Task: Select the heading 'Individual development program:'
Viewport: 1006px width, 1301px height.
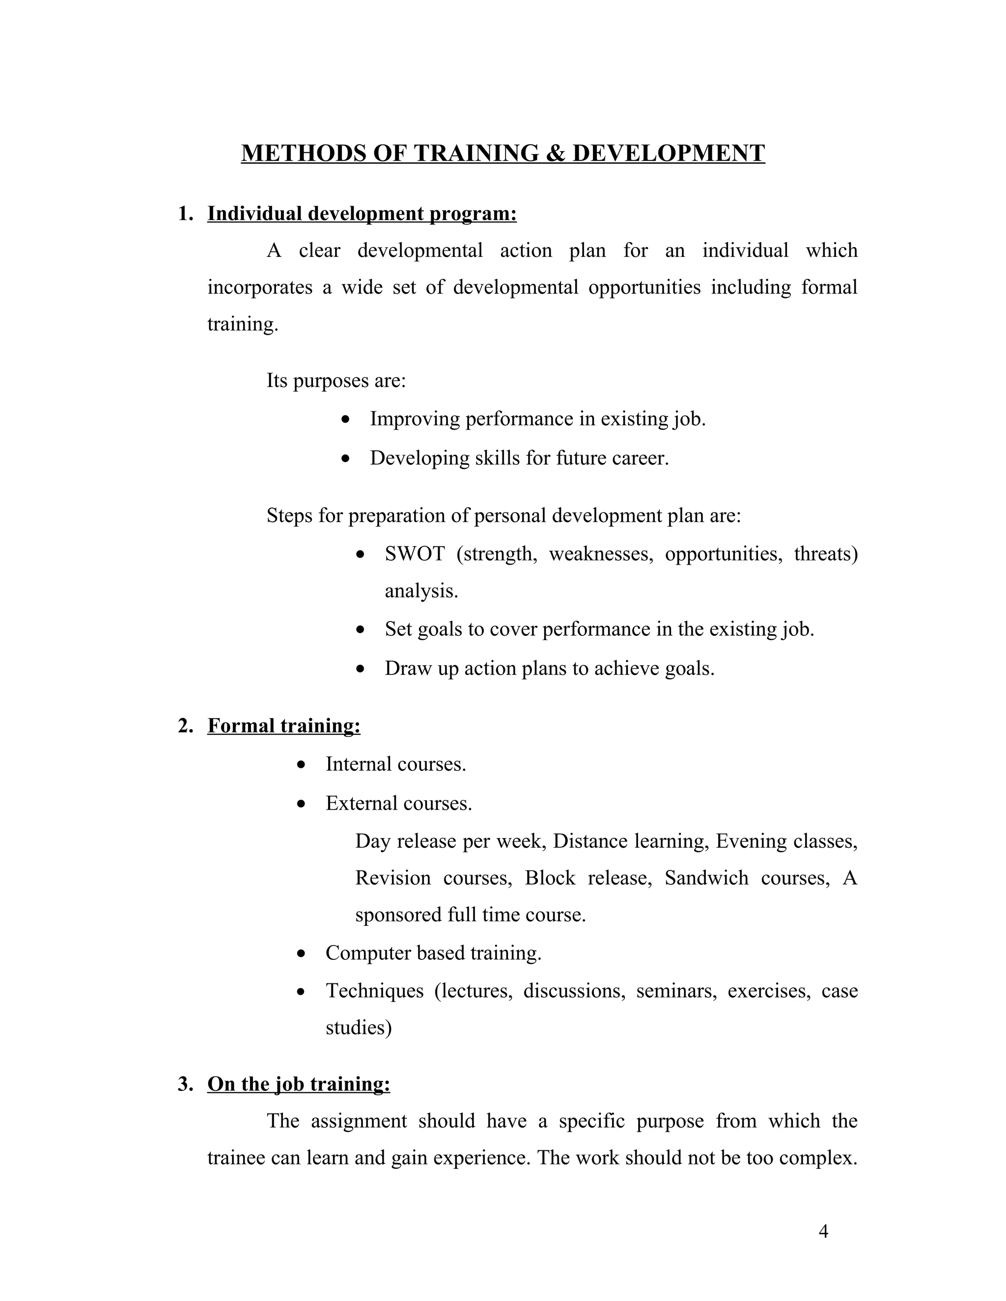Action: [362, 213]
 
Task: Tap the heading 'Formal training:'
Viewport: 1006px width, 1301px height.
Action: [284, 726]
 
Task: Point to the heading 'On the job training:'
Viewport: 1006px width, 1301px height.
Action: [299, 1084]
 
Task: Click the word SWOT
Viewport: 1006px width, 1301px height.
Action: [414, 554]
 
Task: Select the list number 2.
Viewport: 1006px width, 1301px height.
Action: [185, 726]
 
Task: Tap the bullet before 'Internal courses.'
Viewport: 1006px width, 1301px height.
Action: [302, 764]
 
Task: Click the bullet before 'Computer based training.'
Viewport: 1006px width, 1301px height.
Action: [302, 953]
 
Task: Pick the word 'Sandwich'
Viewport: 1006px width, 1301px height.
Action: [706, 878]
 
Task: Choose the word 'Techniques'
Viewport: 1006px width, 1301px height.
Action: [374, 991]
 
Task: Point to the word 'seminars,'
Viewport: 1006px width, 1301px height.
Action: [676, 991]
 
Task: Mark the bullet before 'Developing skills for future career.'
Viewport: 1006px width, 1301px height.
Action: [346, 458]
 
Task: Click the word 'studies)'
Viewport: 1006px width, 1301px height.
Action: [358, 1028]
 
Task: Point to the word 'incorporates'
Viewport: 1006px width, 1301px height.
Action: [260, 287]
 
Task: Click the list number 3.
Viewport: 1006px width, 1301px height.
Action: [185, 1084]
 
